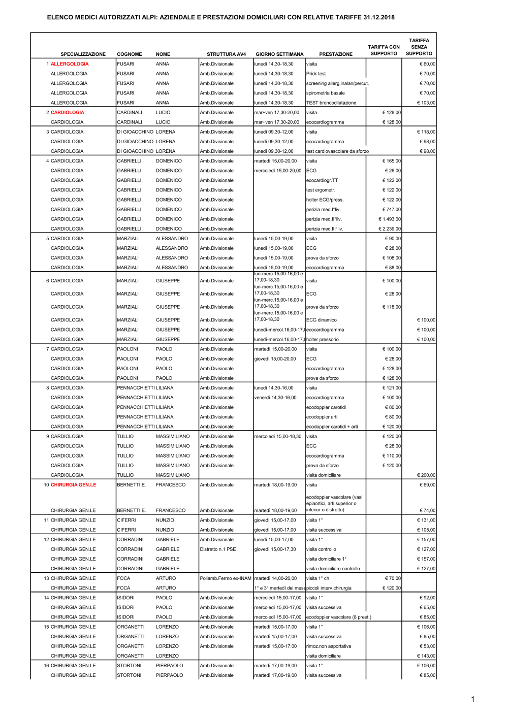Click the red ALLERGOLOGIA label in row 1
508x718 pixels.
[70, 64]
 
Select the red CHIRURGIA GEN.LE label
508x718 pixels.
[73, 485]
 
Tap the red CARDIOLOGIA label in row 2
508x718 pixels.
[68, 113]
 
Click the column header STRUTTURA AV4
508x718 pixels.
[226, 54]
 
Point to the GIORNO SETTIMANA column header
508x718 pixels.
[279, 54]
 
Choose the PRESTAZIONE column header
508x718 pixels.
[336, 54]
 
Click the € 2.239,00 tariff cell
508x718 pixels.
[390, 229]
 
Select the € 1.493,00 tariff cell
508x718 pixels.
[390, 219]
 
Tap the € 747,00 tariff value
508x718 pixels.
[392, 210]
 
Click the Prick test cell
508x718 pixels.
[316, 74]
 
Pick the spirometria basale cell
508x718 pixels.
[325, 93]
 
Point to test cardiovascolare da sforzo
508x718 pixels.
[337, 151]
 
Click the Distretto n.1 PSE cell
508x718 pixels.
[218, 549]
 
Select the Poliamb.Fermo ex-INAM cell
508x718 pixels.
[226, 578]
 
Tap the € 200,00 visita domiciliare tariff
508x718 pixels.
[426, 475]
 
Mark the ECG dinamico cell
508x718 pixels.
[322, 320]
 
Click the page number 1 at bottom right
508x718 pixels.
[472, 699]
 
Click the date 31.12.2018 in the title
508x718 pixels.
[379, 17]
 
